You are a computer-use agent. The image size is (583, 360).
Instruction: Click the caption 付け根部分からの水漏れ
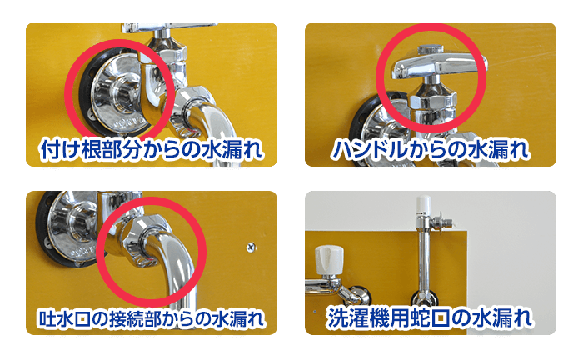click(152, 151)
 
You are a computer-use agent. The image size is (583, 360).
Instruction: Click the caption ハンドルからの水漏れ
click(430, 151)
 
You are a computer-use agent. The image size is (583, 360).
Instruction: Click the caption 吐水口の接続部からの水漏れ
click(152, 319)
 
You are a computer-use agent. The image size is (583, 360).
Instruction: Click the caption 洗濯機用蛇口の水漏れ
click(430, 318)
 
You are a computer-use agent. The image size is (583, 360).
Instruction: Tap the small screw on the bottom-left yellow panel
click(250, 247)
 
